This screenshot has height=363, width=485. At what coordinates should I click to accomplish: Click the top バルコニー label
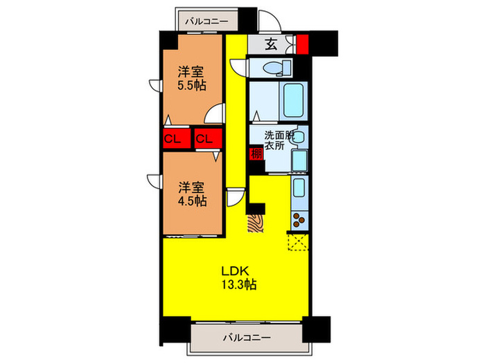206,21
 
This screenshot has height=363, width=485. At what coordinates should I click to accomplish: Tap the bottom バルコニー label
247,338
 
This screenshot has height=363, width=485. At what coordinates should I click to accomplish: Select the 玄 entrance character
272,45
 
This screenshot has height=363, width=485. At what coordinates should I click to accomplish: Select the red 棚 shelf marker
256,153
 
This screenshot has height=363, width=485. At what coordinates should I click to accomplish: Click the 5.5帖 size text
191,86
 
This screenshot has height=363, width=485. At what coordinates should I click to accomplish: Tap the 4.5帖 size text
191,201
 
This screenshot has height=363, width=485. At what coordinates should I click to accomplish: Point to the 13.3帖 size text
240,285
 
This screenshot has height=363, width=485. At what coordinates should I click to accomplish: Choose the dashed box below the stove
299,241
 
